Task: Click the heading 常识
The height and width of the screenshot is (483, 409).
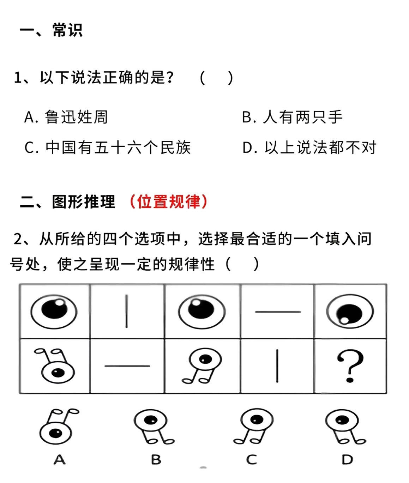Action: click(x=67, y=30)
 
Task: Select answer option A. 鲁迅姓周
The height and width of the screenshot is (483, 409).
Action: click(x=66, y=117)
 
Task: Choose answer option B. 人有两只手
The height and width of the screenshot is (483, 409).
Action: click(x=292, y=117)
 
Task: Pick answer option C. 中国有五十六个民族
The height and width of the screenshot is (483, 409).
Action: click(x=108, y=147)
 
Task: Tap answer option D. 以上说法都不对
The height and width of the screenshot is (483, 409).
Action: click(x=309, y=147)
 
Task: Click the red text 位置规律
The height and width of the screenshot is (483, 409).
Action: click(x=169, y=202)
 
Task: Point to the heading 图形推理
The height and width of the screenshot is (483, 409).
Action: click(x=83, y=202)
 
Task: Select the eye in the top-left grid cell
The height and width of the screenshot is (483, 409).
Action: click(x=54, y=311)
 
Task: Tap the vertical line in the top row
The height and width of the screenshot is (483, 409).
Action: click(x=126, y=312)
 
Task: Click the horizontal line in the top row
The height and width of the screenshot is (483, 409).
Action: click(x=278, y=312)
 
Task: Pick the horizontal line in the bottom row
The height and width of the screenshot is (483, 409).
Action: click(x=127, y=366)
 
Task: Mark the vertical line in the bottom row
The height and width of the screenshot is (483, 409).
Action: click(x=277, y=366)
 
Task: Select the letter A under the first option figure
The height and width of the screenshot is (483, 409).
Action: click(x=60, y=459)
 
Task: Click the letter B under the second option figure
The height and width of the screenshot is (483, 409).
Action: click(x=156, y=459)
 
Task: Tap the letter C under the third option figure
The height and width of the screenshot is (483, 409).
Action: click(x=252, y=459)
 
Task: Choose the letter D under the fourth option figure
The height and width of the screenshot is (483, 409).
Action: click(x=347, y=459)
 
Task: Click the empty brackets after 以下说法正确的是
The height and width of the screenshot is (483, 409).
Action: click(x=216, y=78)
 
